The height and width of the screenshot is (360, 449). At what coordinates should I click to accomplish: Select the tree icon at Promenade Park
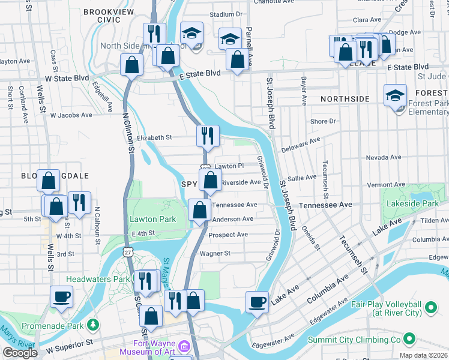pyautogui.click(x=92, y=325)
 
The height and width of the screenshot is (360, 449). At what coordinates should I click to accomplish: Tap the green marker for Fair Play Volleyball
pyautogui.click(x=430, y=308)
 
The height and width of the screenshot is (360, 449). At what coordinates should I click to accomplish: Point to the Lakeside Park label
pyautogui.click(x=413, y=204)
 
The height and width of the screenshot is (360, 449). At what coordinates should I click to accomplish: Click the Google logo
pyautogui.click(x=19, y=353)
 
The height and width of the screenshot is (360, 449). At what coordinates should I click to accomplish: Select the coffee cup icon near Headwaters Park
pyautogui.click(x=61, y=296)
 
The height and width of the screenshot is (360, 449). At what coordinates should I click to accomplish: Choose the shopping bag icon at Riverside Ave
pyautogui.click(x=210, y=179)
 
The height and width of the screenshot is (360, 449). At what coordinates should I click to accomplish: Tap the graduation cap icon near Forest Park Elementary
pyautogui.click(x=396, y=95)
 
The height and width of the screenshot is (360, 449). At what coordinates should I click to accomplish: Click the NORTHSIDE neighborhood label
pyautogui.click(x=345, y=98)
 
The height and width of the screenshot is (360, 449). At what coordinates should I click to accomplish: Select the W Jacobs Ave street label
pyautogui.click(x=71, y=115)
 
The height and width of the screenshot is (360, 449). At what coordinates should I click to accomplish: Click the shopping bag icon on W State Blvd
pyautogui.click(x=131, y=65)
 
